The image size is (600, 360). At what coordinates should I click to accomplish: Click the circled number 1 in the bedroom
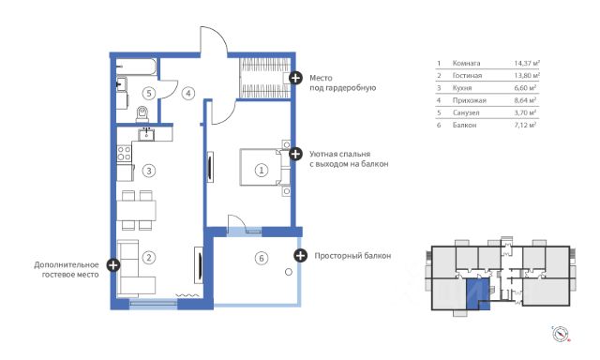point(262,170)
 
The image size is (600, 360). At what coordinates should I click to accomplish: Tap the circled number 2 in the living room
point(149,258)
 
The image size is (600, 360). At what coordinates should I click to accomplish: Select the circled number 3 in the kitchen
point(149,171)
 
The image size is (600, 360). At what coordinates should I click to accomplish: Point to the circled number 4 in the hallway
point(187,93)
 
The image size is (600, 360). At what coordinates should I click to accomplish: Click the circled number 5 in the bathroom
point(149,93)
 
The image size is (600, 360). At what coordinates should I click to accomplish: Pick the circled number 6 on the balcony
point(262,258)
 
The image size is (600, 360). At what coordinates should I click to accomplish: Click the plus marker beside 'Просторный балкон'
point(300,256)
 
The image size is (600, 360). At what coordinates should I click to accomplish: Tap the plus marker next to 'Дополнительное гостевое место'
point(113,264)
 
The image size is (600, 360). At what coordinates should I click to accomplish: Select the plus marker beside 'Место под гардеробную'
point(295,78)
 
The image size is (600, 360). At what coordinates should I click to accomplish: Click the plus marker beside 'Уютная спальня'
point(295,154)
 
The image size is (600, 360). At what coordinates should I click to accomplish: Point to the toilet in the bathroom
point(142,114)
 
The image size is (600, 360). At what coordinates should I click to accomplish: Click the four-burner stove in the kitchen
point(124,154)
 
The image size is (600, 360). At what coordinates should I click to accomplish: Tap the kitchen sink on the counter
point(146,134)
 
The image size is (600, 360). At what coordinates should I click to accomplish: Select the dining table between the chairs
point(136,210)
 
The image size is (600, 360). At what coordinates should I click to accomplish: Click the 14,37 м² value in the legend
point(527,63)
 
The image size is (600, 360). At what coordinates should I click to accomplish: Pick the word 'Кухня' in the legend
point(462,88)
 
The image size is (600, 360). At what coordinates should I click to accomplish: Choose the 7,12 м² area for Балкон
point(525,125)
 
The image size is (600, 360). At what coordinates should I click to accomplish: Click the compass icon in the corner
point(561,334)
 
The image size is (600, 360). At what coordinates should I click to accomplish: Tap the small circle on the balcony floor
point(289,272)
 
